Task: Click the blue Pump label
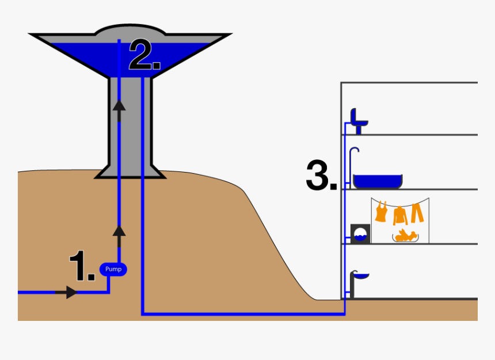click(113, 269)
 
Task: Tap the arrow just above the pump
click(119, 232)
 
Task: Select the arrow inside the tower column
click(119, 105)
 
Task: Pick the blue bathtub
click(378, 182)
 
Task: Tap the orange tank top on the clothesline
click(380, 212)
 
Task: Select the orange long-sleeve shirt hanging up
click(399, 215)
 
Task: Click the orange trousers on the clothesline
click(417, 212)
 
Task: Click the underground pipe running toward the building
click(242, 314)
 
